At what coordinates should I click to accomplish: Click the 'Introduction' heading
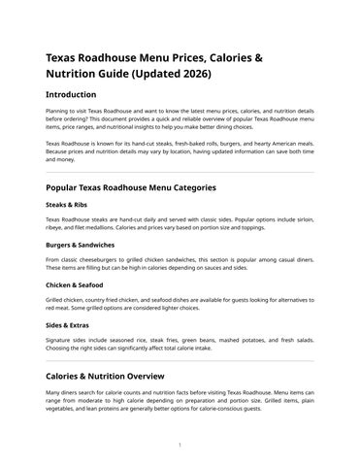click(71, 94)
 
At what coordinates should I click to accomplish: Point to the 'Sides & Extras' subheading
click(69, 326)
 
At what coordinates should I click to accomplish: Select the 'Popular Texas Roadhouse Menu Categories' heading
click(145, 186)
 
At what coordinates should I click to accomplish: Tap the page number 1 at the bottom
click(180, 445)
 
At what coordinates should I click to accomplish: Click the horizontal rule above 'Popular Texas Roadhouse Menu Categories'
click(180, 172)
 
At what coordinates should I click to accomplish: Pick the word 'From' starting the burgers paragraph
click(54, 260)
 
